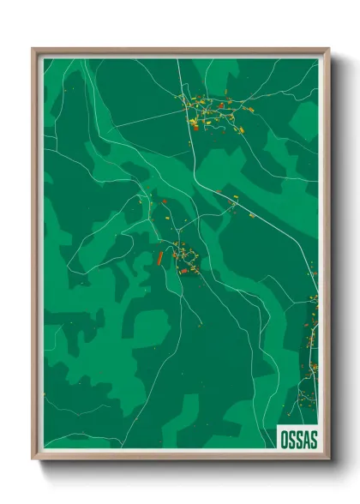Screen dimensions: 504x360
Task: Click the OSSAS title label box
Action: tap(297, 438)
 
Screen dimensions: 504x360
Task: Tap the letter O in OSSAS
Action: tap(285, 439)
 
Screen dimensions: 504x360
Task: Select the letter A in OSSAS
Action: tap(304, 439)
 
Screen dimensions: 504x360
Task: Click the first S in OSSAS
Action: tap(291, 439)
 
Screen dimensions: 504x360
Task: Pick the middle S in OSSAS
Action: tap(297, 439)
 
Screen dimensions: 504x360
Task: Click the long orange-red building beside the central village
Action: tap(159, 256)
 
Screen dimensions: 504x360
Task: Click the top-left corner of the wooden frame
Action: tap(33, 50)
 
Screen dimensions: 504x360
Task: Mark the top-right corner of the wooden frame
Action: tap(328, 50)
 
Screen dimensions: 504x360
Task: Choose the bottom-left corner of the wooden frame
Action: tap(33, 459)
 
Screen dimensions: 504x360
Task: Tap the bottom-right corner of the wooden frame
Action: tap(328, 459)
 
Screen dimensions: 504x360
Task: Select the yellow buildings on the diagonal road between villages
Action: tap(231, 203)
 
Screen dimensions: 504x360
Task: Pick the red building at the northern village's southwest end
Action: tap(194, 126)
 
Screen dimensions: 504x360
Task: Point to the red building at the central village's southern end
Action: tap(183, 272)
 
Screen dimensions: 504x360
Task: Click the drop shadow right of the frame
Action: tap(336, 257)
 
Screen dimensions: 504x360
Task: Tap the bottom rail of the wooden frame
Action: tap(180, 454)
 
